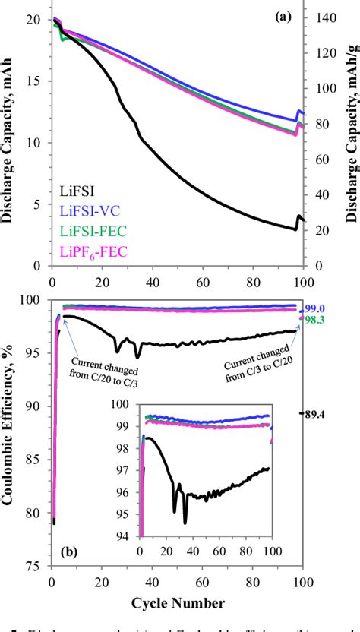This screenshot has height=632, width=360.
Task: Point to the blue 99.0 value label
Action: coord(314,308)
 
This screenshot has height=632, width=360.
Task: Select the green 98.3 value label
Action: coord(314,321)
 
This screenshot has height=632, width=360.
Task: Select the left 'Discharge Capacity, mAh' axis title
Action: coord(11,142)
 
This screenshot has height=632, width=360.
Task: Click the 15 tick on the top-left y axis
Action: coord(35,81)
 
